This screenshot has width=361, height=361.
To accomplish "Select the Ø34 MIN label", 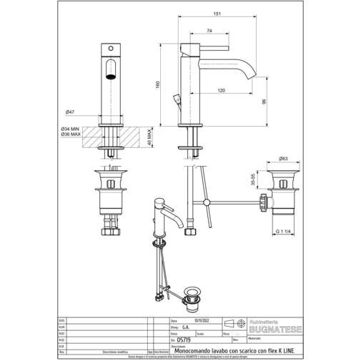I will point(70,129).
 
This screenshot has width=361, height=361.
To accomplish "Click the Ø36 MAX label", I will point(70,134).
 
